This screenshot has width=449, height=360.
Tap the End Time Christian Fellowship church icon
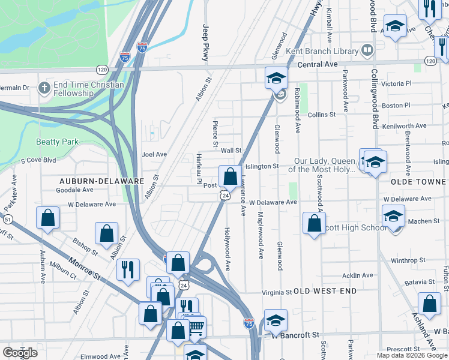(43, 88)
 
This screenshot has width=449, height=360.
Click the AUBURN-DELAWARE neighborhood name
(101, 181)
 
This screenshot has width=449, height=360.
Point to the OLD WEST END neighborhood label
(325, 291)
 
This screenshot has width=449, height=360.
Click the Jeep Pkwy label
(205, 43)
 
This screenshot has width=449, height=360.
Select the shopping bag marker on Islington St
(230, 176)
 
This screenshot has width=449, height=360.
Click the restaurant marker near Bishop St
(128, 269)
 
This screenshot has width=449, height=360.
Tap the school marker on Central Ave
(276, 78)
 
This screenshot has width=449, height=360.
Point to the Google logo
(20, 353)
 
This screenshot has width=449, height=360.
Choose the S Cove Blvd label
(38, 160)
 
